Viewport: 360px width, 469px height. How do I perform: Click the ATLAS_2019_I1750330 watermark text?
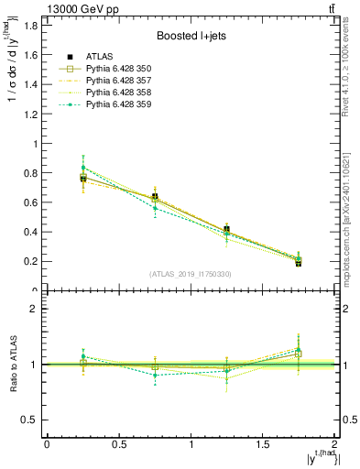191,274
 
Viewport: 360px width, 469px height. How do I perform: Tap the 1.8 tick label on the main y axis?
30,27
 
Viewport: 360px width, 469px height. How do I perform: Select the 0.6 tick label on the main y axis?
30,202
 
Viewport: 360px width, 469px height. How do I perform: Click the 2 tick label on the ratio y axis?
34,309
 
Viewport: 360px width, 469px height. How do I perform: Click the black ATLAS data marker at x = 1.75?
299,262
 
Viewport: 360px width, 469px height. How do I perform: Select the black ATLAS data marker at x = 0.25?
82,179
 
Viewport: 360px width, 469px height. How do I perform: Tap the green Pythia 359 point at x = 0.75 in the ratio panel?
155,375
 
